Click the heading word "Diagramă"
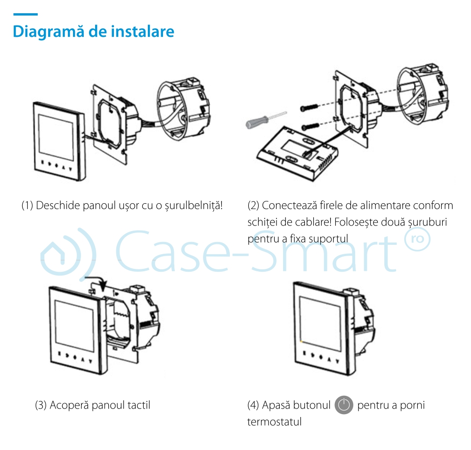tap(41, 31)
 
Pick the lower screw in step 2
tap(311, 125)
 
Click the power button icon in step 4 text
tap(344, 405)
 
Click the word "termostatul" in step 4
tap(274, 422)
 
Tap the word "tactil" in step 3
tap(139, 405)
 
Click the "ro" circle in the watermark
tap(417, 240)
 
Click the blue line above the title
tap(25, 15)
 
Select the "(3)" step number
tap(41, 405)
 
